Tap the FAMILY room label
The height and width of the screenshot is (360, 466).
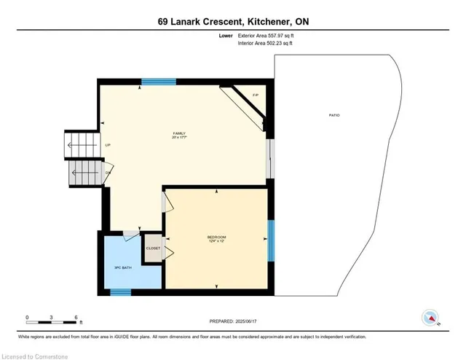pos(178,133)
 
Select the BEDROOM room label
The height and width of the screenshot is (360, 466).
pos(216,238)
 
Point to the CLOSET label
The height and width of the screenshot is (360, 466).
pos(153,249)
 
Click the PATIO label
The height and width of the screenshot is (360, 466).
pos(334,115)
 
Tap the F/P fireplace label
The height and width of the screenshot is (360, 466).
pos(255,95)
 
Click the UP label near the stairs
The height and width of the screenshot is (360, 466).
pos(107,145)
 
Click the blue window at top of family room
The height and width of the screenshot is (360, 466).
pos(154,82)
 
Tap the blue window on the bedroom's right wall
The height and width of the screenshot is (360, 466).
pos(270,240)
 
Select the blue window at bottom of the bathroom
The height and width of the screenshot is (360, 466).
pos(120,292)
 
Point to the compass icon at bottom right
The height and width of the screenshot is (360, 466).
pos(431,317)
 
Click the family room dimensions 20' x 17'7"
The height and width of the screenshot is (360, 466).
pos(179,138)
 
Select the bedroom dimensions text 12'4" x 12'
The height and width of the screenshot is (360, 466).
pos(216,243)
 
